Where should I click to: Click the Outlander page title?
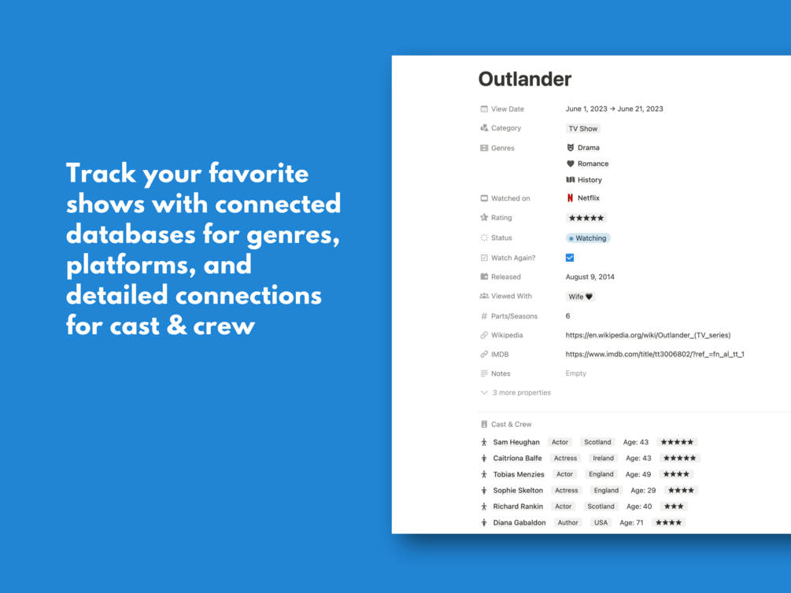525,79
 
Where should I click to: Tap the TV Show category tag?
582,128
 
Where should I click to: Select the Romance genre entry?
587,164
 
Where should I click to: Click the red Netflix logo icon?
570,198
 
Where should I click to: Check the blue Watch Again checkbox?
570,258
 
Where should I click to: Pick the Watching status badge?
588,238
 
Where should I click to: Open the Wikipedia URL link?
648,335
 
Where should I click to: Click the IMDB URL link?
655,355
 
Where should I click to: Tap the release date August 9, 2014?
590,277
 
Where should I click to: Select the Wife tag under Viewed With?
580,296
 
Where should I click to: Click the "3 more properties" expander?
516,392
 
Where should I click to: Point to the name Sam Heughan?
516,442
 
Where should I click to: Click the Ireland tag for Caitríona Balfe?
603,459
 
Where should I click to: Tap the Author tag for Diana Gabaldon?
567,523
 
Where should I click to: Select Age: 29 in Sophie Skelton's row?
643,491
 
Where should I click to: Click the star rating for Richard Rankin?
674,506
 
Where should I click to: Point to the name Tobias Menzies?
519,474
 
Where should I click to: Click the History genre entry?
584,180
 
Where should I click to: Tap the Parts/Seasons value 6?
567,316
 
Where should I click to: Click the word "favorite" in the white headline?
258,174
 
